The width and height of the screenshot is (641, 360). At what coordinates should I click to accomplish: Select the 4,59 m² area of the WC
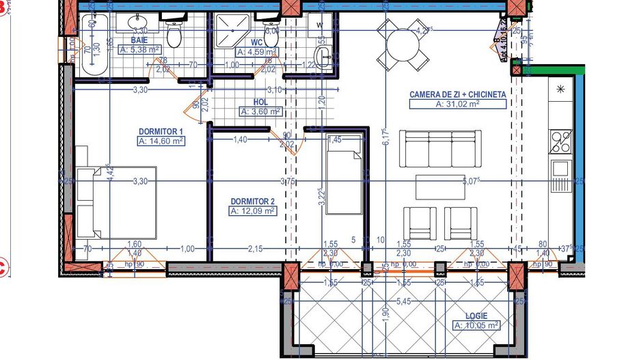click(256, 51)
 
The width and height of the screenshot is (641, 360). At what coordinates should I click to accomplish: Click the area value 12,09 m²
click(253, 211)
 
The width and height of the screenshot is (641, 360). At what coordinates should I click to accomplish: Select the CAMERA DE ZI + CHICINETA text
click(457, 94)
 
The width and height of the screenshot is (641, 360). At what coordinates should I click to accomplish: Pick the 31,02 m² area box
click(457, 104)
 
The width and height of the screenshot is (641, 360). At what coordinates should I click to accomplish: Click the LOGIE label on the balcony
click(477, 316)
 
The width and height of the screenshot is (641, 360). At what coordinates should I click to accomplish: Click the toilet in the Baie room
click(174, 34)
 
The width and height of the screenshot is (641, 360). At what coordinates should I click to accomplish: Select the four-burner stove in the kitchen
click(562, 141)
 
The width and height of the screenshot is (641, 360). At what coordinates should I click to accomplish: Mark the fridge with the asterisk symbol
click(562, 89)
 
